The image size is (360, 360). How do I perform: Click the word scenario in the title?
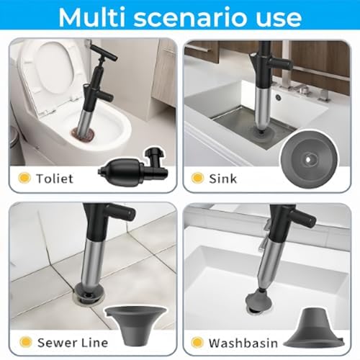(192, 18)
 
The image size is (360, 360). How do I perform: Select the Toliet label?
(55, 179)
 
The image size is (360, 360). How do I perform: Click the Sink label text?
(222, 179)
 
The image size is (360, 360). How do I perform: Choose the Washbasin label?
(243, 343)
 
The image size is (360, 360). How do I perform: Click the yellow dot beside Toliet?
(24, 178)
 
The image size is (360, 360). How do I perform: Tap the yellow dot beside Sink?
(197, 178)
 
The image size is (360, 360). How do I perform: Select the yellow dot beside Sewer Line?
(25, 342)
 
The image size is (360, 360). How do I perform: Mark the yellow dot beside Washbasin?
(197, 343)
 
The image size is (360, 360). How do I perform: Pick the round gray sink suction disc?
(310, 158)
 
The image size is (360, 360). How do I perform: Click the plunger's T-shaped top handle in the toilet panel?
(104, 53)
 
